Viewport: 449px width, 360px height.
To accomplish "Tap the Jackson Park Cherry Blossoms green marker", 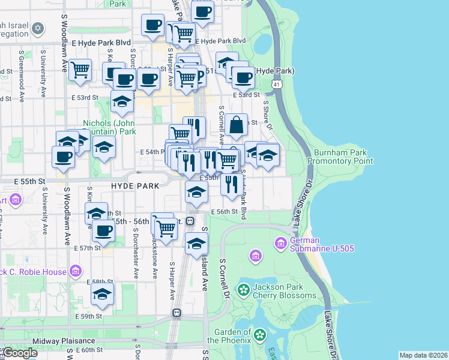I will coord(243,291).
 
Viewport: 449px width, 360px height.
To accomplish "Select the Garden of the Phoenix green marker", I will coord(260,334).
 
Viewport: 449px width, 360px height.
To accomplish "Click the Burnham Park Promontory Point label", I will coord(340,157).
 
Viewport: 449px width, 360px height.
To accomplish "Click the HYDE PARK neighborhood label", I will coord(135,186).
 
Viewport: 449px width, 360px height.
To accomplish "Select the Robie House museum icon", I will coord(75,272).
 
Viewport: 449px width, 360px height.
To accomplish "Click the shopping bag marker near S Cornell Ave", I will coord(237,125).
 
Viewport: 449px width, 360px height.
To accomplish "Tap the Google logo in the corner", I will coord(19,353).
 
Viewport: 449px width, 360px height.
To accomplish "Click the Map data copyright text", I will coord(423,355).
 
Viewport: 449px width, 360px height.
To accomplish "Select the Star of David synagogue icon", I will coord(38,28).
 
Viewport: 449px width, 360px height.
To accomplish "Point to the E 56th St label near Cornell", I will coord(225,212).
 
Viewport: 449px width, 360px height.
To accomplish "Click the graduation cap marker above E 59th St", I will coord(103,294).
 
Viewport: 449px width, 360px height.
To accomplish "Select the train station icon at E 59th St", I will coord(177,313).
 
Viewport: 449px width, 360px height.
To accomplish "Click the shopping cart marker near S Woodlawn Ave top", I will coord(79,70).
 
